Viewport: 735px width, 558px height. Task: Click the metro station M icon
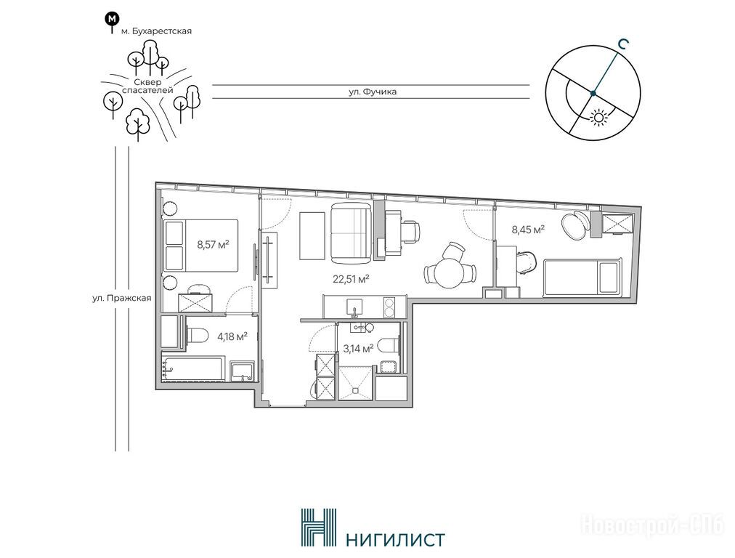point(112,20)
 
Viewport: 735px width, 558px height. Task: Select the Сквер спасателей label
point(147,86)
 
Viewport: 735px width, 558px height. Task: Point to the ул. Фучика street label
point(373,92)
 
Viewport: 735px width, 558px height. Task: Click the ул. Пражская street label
point(122,298)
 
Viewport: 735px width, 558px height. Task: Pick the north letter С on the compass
point(622,44)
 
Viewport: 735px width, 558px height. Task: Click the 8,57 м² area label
point(213,244)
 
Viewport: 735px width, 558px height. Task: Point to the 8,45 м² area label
point(528,230)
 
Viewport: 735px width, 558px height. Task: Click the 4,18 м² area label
point(232,336)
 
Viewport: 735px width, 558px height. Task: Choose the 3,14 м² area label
point(358,349)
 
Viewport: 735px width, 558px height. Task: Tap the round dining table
point(450,274)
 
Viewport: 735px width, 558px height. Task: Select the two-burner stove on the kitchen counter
point(389,307)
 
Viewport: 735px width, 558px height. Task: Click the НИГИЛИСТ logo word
point(394,539)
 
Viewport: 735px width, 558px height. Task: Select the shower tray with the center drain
point(357,384)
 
